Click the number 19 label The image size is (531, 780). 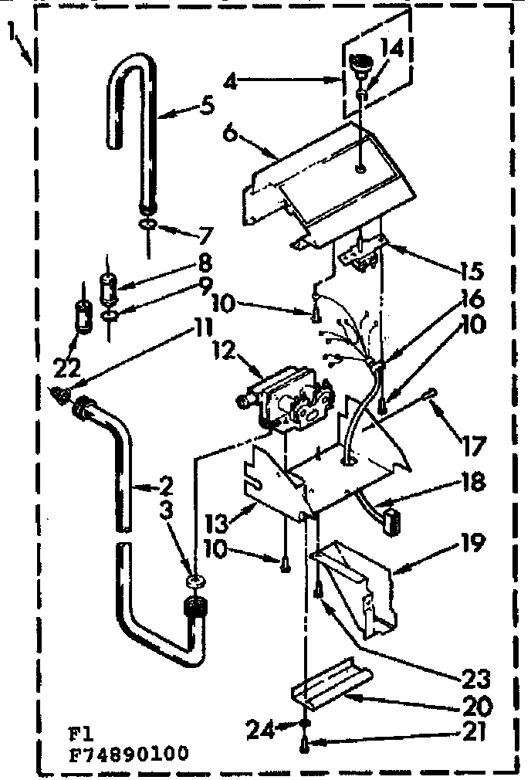472,544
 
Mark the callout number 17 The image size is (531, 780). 472,446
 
